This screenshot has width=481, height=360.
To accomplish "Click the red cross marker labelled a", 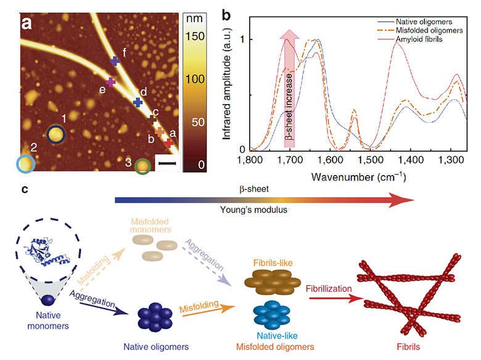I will (168, 142).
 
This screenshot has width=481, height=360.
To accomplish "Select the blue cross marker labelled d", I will (138, 102).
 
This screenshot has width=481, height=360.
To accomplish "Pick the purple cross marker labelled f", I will (115, 61).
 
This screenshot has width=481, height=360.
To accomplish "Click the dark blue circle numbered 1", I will (55, 133).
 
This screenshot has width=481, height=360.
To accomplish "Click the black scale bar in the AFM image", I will (167, 163).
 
